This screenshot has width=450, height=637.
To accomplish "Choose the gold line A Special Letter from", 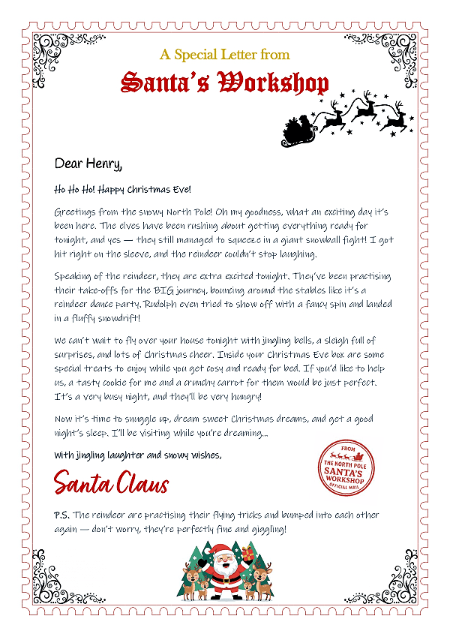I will click(225, 55).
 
